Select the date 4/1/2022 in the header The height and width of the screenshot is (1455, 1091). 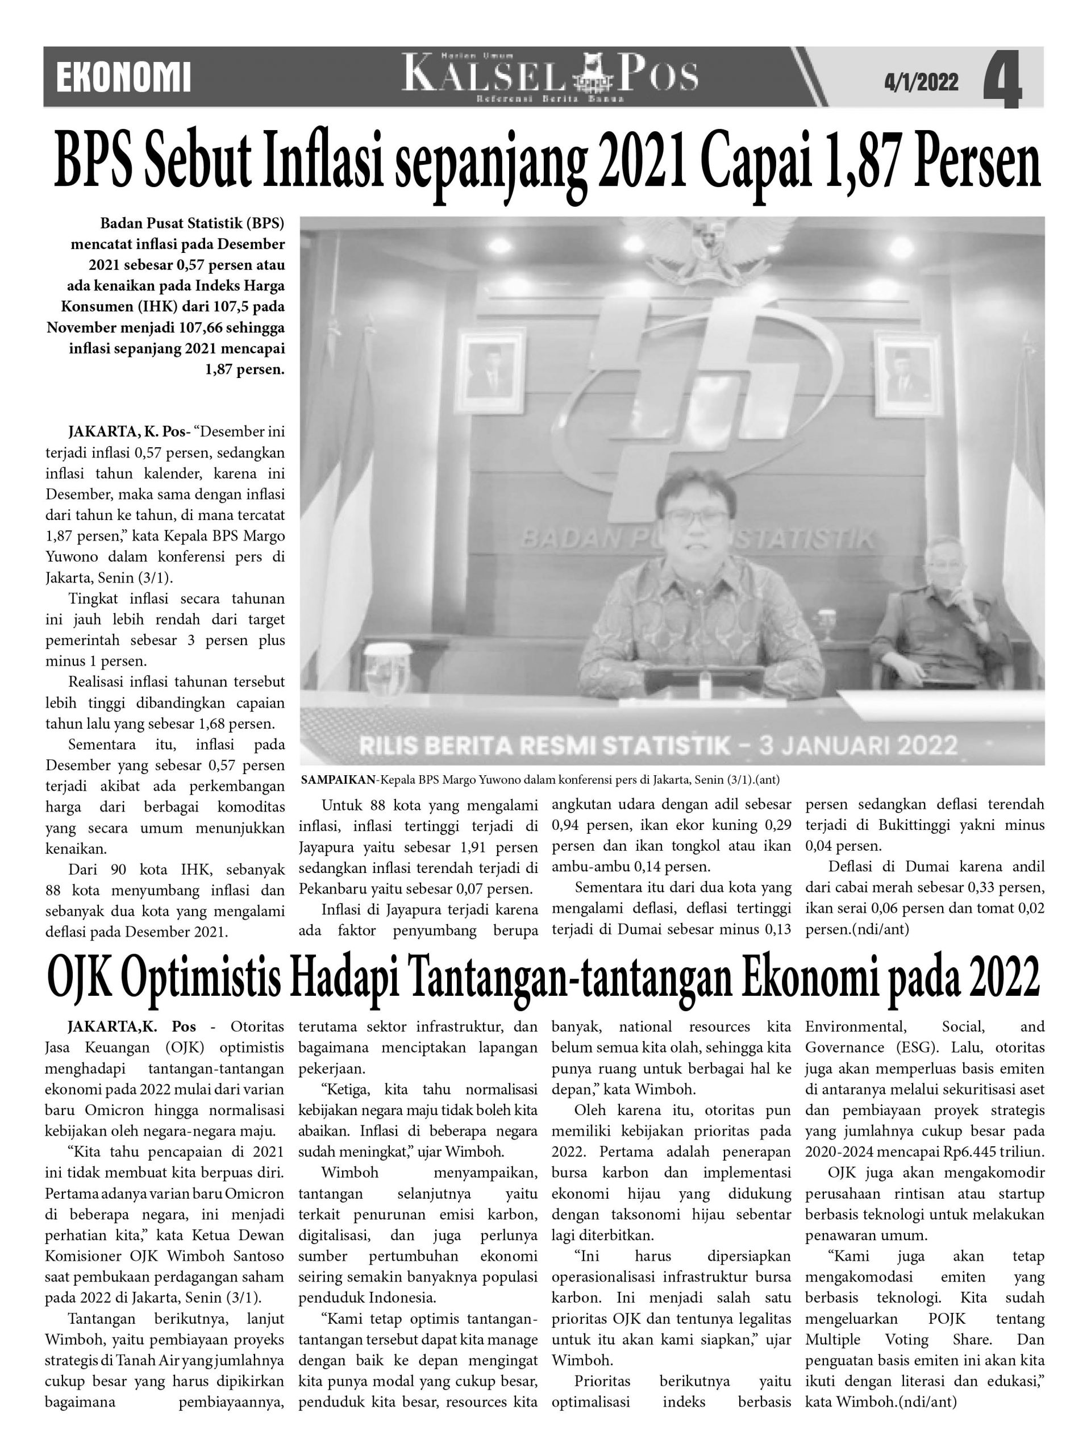(x=921, y=82)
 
